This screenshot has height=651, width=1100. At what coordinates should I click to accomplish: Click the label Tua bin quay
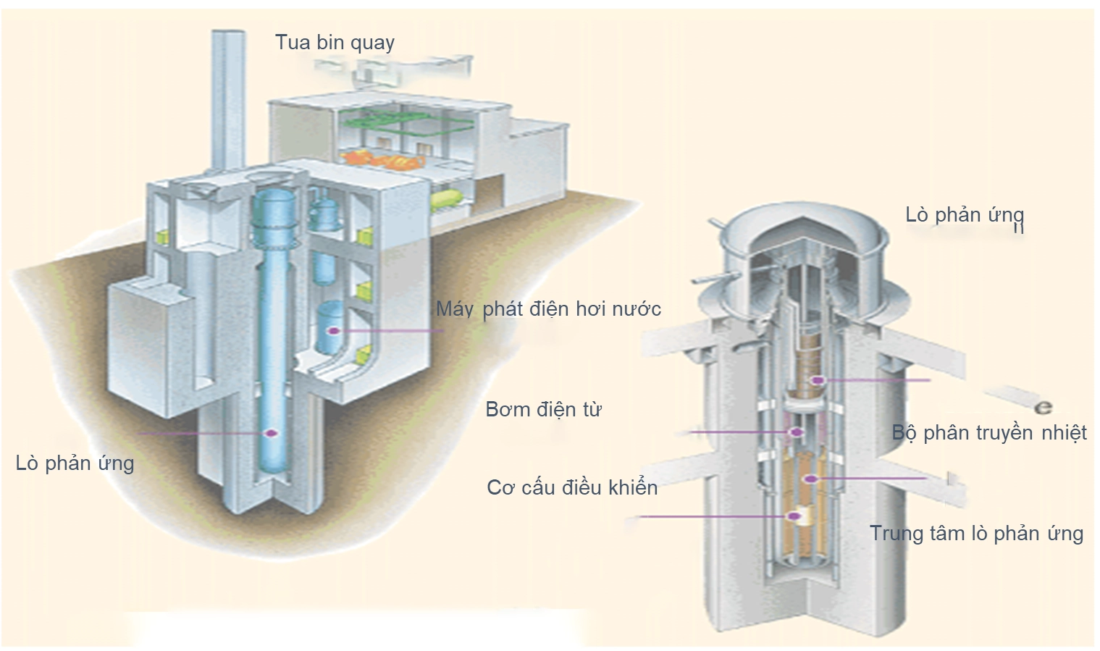[335, 43]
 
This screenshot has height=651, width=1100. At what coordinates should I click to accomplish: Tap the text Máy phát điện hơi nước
[548, 309]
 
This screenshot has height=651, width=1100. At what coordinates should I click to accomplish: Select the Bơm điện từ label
[543, 410]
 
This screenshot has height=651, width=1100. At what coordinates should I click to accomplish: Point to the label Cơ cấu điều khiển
[572, 487]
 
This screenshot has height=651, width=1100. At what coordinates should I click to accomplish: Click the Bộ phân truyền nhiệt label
[989, 433]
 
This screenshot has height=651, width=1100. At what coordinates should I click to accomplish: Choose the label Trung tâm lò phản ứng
[976, 534]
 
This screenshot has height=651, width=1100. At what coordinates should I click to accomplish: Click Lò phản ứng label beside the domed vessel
[965, 215]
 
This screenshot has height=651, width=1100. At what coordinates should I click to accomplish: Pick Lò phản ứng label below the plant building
[75, 463]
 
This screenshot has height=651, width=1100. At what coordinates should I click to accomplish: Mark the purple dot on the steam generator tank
[334, 331]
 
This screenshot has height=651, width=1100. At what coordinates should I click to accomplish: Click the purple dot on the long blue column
[272, 433]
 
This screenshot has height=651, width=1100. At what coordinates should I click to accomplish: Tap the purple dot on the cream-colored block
[794, 516]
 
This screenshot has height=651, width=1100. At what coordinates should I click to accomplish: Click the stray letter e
[1043, 407]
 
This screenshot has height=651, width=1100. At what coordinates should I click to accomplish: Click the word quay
[372, 43]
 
